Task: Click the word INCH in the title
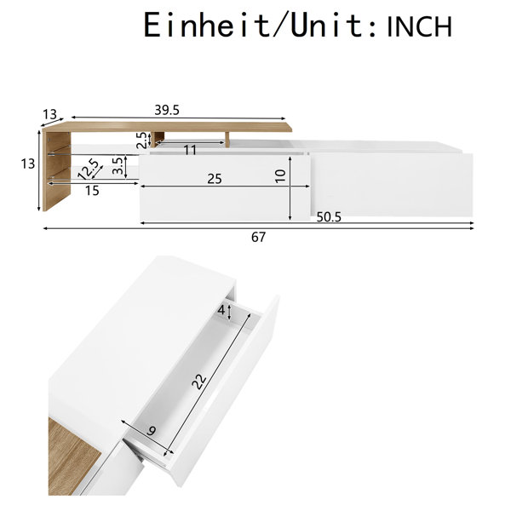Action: [x=419, y=26]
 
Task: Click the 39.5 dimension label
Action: [x=167, y=111]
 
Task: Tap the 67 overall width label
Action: [x=258, y=237]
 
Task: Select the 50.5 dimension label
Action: [x=329, y=216]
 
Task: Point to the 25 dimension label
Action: [x=215, y=179]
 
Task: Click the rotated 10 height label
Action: [x=280, y=176]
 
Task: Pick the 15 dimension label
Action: [x=92, y=191]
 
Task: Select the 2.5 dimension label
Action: [x=141, y=141]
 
